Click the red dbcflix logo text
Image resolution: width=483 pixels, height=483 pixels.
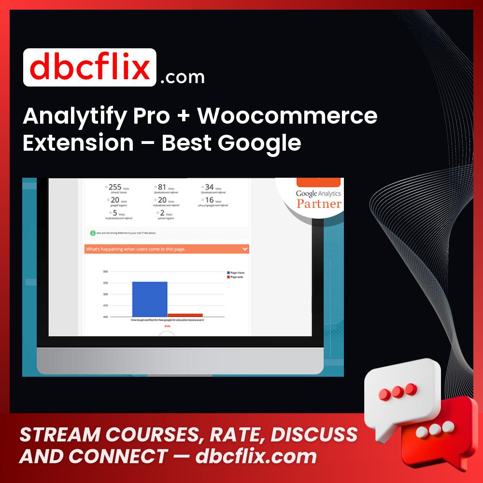(x=90, y=68)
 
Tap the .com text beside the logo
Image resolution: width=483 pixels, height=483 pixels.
(x=182, y=77)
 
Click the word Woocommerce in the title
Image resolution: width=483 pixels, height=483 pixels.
(x=287, y=116)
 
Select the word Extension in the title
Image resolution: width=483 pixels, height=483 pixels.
(x=78, y=143)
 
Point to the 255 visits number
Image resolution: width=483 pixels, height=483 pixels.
(x=115, y=187)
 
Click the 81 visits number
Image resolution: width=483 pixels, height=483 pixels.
(x=162, y=187)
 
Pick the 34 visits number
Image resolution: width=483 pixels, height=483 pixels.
(x=209, y=187)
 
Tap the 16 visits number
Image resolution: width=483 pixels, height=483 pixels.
(x=209, y=199)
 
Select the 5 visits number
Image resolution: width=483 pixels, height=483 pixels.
(x=114, y=213)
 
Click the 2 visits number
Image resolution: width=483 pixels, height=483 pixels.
(x=162, y=213)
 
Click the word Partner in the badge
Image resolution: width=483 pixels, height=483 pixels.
(x=319, y=203)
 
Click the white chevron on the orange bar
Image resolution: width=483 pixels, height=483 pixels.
(x=244, y=249)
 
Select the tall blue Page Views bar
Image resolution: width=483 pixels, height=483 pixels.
(x=150, y=299)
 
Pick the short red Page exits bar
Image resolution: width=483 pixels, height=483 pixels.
(x=185, y=315)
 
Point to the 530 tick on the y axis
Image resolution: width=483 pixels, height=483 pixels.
(x=106, y=283)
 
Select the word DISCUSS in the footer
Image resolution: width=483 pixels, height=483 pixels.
(x=314, y=435)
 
